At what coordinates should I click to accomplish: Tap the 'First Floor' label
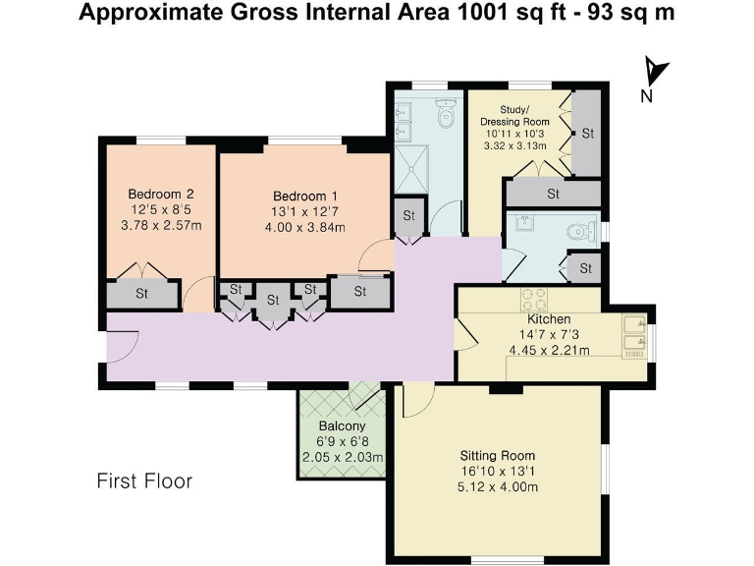(144, 481)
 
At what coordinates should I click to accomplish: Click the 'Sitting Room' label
(498, 455)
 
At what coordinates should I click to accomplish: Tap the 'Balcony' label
(343, 425)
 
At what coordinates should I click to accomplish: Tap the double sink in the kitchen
(634, 332)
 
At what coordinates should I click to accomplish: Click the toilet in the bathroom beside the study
(448, 113)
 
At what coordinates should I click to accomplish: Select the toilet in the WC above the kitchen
(581, 233)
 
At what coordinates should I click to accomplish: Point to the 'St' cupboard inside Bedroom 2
(142, 293)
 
